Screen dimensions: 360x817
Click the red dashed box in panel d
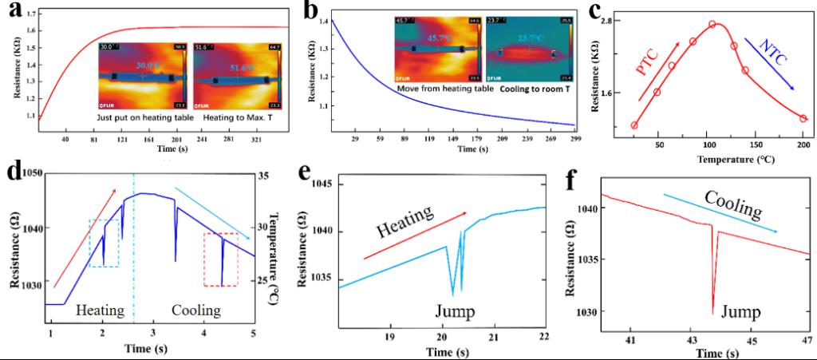pos(221,259)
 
